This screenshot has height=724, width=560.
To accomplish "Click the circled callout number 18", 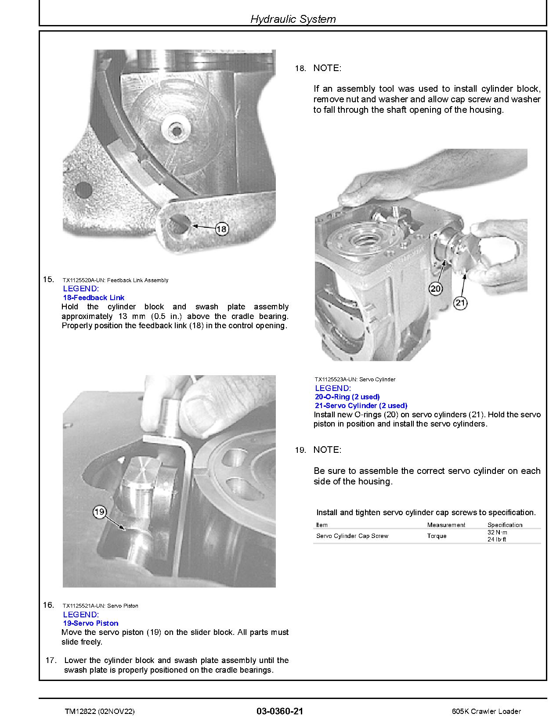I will (222, 229).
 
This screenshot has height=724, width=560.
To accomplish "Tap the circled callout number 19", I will (100, 512).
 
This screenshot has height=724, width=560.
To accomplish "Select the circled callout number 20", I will (435, 289).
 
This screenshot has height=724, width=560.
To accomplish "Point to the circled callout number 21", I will (460, 303).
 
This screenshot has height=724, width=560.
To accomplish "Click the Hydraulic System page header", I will (293, 19).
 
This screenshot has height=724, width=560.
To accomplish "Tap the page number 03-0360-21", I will (280, 711).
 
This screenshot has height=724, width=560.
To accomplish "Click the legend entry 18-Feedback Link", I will (94, 297).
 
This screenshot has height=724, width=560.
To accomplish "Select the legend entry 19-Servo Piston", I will (90, 623).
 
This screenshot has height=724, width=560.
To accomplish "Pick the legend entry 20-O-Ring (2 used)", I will (347, 397).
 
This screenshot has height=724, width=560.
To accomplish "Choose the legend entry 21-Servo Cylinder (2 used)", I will (361, 405).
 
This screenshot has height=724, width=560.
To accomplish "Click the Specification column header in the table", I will (505, 525).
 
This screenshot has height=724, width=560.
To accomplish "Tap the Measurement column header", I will (446, 525).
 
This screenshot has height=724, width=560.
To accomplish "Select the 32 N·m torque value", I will (497, 532).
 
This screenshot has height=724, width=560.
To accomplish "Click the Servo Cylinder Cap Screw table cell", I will (352, 536).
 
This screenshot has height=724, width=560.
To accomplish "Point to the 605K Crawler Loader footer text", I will (486, 711).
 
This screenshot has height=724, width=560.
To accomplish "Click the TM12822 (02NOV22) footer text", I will (99, 711).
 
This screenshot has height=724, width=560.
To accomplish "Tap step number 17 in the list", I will (51, 660).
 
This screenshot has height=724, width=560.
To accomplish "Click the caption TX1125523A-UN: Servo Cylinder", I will (355, 379).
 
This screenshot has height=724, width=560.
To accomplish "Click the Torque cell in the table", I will (437, 536).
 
